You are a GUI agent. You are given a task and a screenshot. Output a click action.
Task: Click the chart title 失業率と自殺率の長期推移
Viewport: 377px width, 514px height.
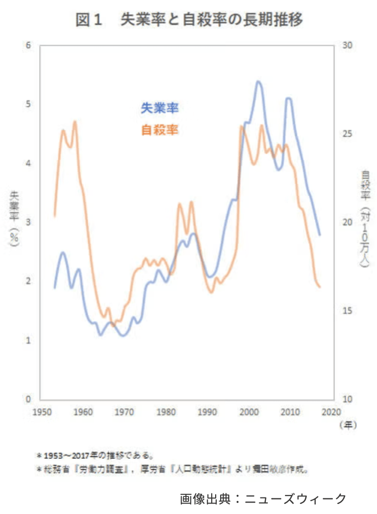tap(189, 20)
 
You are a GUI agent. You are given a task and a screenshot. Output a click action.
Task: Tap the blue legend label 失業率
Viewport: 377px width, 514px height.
tap(160, 108)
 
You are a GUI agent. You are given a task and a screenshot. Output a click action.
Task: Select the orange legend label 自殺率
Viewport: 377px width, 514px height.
tap(160, 130)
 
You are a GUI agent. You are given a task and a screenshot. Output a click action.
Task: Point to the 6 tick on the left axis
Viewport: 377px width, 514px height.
tap(29, 45)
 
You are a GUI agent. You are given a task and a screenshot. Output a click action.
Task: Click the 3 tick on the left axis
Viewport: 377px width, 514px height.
tap(29, 222)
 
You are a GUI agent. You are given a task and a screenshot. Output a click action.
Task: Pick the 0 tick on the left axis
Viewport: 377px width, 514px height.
tap(29, 400)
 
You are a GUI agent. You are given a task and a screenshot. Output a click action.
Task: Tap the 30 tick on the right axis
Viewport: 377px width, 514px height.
tap(347, 45)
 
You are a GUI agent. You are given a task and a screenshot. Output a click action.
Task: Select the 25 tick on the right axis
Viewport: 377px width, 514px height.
tap(347, 134)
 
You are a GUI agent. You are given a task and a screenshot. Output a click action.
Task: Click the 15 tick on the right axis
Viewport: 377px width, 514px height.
tap(347, 311)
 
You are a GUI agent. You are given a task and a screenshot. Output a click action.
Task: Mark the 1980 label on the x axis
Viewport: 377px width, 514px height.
tap(165, 413)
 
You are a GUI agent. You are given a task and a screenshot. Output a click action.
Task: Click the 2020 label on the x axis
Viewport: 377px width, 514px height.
tap(331, 413)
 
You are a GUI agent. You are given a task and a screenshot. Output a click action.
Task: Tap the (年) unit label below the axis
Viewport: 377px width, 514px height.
tap(347, 425)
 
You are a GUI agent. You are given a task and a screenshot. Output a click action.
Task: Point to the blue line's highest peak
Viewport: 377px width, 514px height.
tap(258, 81)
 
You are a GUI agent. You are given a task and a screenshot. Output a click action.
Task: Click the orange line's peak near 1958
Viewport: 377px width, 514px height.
tap(74, 121)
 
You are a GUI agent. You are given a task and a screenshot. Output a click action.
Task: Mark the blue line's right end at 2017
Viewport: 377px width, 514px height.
tap(320, 235)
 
